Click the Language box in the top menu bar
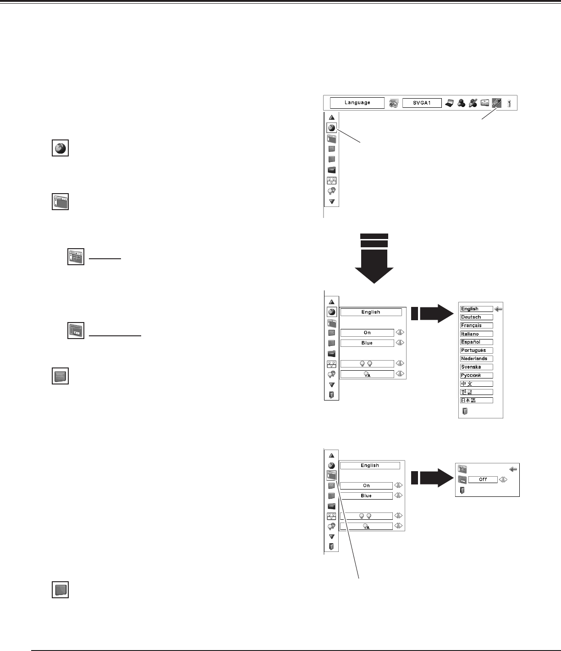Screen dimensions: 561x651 click(x=357, y=103)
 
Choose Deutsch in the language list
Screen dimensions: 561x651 click(x=477, y=317)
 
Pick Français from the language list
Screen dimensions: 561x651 click(x=477, y=325)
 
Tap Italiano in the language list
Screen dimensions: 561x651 click(x=477, y=334)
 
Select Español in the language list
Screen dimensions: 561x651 click(x=477, y=342)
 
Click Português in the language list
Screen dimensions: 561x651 click(x=477, y=350)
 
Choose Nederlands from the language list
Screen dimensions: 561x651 click(x=477, y=358)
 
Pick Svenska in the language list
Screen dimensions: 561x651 click(x=477, y=367)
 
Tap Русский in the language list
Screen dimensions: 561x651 click(x=477, y=375)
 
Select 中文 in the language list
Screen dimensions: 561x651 click(x=477, y=384)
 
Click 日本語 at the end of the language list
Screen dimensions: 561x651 click(x=477, y=400)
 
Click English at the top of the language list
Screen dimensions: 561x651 click(x=477, y=309)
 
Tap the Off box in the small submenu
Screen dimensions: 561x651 click(x=483, y=479)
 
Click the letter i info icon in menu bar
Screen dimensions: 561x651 click(x=509, y=103)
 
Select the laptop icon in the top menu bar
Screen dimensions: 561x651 click(x=450, y=103)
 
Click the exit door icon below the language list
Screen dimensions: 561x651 click(x=464, y=411)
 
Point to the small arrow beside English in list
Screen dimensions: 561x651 click(x=499, y=309)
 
